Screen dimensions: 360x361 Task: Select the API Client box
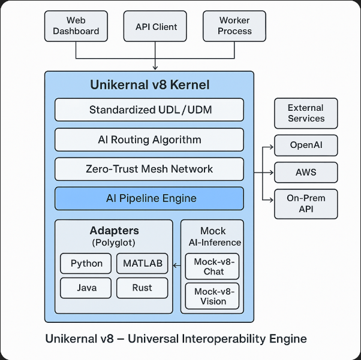[155, 26]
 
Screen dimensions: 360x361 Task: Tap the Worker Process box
[234, 26]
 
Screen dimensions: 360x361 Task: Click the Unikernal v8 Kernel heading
[149, 85]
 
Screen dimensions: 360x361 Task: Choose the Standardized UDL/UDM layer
[149, 110]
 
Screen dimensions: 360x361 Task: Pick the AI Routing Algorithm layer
[149, 140]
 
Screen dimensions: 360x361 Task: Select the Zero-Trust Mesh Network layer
[149, 169]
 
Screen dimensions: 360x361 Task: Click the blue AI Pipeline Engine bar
[149, 198]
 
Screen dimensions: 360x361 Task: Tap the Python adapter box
[86, 264]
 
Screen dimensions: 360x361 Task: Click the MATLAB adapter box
[142, 264]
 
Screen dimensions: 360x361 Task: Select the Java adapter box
[86, 288]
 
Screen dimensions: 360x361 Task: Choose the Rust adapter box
[142, 288]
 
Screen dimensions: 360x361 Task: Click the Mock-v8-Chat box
[212, 267]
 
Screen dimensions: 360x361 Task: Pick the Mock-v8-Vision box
[212, 297]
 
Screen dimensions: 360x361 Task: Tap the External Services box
[305, 113]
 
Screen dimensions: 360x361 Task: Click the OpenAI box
[305, 146]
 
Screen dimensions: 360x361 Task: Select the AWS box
[305, 173]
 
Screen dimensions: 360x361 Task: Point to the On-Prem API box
[305, 204]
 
